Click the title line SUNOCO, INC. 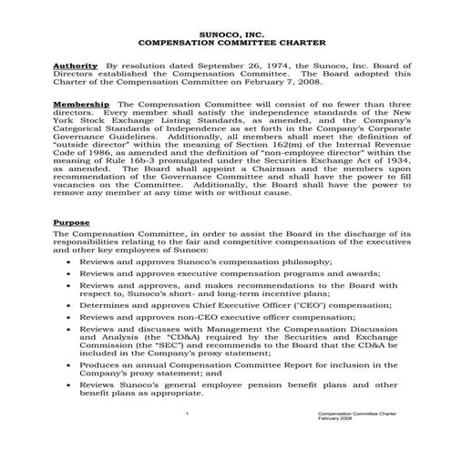point(225,31)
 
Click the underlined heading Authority point(76,67)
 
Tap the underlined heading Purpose point(71,222)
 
